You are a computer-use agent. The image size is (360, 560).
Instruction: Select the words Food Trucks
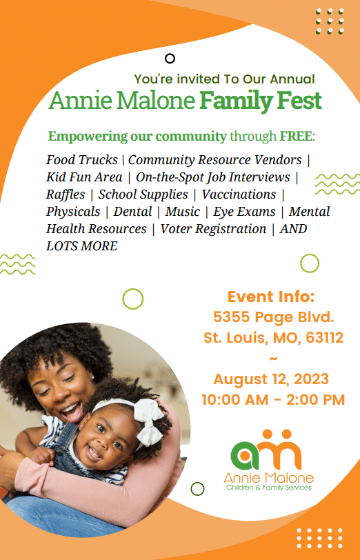82,159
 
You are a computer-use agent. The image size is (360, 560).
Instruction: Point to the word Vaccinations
239,194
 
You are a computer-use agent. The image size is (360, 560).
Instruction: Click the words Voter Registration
213,229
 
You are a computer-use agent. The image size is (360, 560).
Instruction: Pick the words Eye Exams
244,212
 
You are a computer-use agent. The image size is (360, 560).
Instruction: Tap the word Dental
132,212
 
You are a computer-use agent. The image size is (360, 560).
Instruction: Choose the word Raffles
66,194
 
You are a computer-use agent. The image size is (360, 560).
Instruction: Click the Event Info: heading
271,297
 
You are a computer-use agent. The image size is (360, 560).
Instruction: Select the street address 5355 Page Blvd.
274,317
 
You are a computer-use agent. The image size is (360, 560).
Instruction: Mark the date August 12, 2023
271,379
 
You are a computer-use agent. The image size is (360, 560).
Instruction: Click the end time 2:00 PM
315,399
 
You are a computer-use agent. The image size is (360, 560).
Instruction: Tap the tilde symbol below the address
272,358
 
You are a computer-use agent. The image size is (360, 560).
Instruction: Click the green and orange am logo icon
266,450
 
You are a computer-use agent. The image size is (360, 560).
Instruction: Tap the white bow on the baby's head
149,421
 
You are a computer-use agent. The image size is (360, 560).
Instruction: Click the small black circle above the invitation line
170,59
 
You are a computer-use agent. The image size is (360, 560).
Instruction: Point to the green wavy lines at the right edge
337,184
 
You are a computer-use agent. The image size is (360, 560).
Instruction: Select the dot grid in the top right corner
330,21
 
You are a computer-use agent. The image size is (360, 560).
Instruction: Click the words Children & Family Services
269,488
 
